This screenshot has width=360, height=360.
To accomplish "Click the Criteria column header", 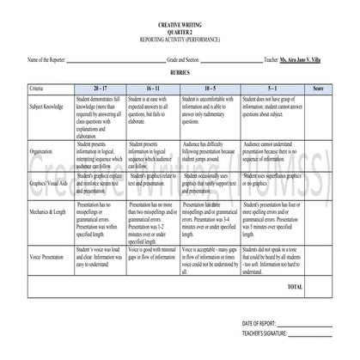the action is tap(36, 88).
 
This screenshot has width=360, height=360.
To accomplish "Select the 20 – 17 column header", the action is tap(101, 88).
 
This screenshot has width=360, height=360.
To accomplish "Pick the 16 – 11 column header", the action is tap(153, 88).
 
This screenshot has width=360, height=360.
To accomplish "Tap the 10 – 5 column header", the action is tap(210, 88).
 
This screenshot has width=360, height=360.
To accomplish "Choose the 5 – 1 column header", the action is tap(272, 88).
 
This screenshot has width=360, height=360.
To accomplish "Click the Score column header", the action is tap(317, 88).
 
